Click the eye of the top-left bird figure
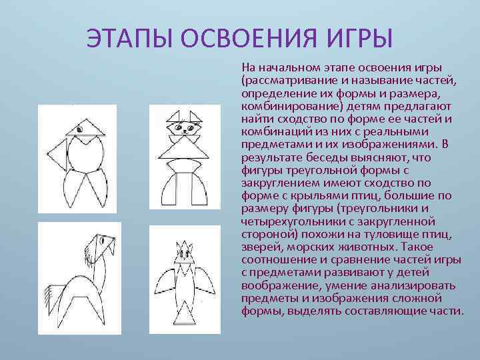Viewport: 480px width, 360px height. coord(79,127)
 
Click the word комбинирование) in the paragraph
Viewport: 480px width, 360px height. coord(283,105)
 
